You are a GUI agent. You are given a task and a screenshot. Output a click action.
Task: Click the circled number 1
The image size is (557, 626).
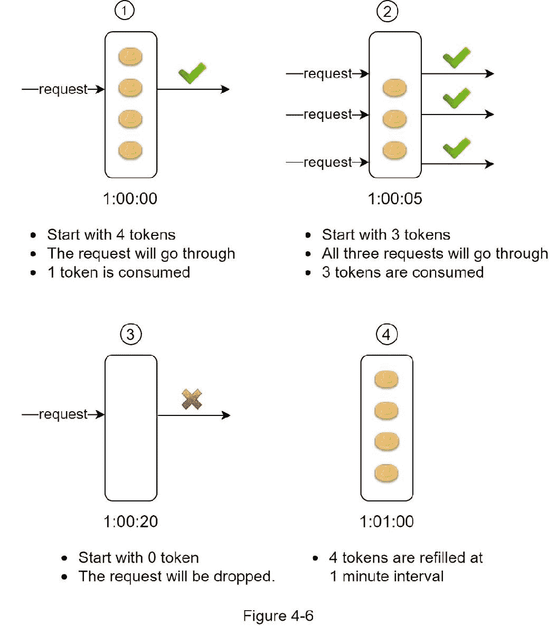(x=125, y=11)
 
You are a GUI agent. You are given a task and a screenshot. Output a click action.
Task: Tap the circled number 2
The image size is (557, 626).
(x=387, y=11)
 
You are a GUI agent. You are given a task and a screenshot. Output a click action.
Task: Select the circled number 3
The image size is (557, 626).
(x=130, y=334)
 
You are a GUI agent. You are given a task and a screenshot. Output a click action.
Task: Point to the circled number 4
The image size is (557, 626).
(x=386, y=334)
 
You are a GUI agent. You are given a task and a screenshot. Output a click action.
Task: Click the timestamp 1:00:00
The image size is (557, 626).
(x=130, y=198)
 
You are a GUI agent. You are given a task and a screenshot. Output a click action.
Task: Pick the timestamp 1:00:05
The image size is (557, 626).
(x=395, y=198)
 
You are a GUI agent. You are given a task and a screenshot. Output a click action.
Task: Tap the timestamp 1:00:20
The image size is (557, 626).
(x=130, y=521)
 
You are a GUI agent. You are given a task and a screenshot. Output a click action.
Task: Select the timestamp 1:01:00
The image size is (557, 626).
(x=386, y=521)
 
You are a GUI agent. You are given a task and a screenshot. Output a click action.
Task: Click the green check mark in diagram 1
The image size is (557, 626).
(x=192, y=73)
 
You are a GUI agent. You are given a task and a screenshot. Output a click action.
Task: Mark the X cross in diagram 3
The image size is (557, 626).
(x=192, y=400)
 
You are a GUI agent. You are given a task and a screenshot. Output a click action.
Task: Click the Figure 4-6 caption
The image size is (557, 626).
(x=278, y=615)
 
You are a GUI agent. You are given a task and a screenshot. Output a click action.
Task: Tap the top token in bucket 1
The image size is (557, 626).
(x=130, y=56)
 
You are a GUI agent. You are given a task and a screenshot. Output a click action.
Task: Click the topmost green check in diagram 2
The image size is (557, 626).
(x=457, y=58)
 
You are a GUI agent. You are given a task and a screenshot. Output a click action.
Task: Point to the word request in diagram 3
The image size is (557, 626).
(x=63, y=414)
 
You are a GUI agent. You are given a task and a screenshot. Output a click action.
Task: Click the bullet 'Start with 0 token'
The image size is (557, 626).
(x=138, y=558)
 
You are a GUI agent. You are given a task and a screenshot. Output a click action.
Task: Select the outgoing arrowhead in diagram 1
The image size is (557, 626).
(x=225, y=89)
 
